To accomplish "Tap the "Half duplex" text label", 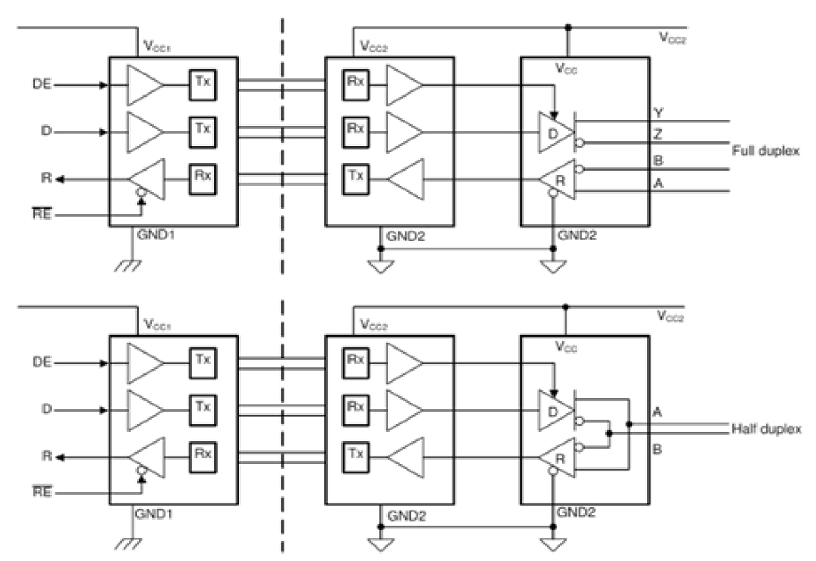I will [x=766, y=429].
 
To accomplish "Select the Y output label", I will [x=658, y=112].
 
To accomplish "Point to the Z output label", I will [x=658, y=135].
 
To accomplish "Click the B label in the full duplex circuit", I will [x=658, y=161].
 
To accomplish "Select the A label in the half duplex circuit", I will [x=658, y=411].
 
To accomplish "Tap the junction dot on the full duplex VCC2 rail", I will [x=568, y=29].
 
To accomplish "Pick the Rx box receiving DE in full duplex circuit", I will [x=352, y=86].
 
